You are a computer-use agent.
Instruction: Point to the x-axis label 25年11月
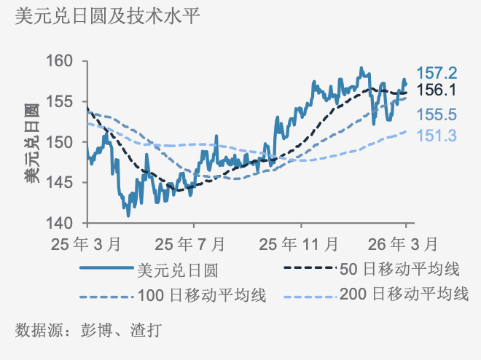(x=300, y=242)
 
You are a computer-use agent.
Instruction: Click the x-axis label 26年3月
(x=405, y=242)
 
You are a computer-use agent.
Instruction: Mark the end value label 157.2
(x=437, y=73)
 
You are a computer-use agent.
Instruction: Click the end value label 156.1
(x=437, y=90)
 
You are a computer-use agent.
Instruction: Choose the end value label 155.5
(x=437, y=114)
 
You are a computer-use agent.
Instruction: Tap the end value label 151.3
(x=437, y=135)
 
